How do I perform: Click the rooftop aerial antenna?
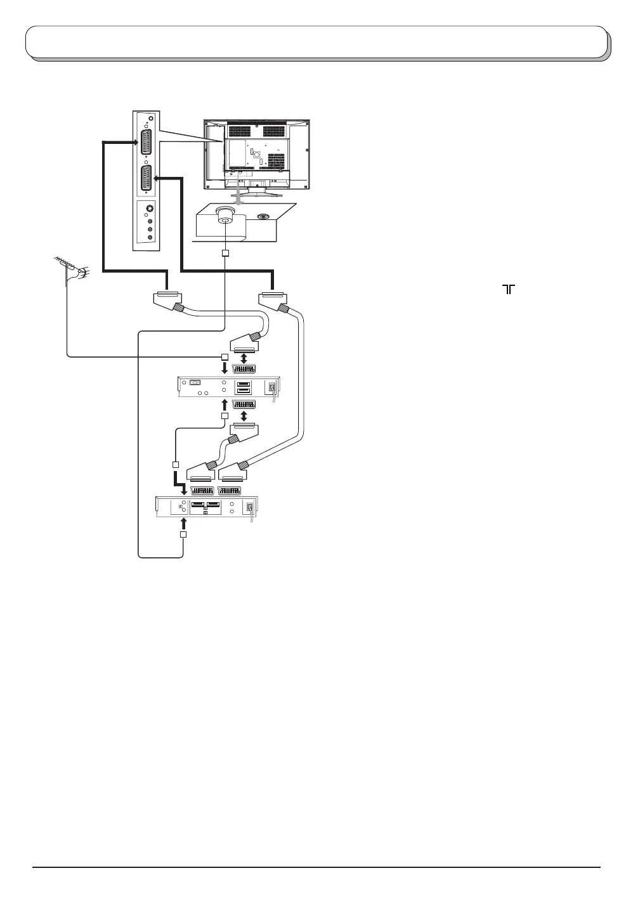[70, 268]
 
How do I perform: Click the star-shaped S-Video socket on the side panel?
[150, 209]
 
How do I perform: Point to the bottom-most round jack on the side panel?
[150, 237]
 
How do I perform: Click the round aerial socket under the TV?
[225, 215]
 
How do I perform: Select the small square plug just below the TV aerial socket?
[225, 254]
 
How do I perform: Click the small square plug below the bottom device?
[183, 535]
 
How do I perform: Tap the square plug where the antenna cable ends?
[224, 357]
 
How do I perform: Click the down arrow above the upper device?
[224, 368]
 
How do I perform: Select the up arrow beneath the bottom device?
[183, 522]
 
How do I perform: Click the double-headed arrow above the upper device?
[244, 358]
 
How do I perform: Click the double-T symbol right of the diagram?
[509, 289]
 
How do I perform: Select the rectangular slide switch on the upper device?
[195, 382]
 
